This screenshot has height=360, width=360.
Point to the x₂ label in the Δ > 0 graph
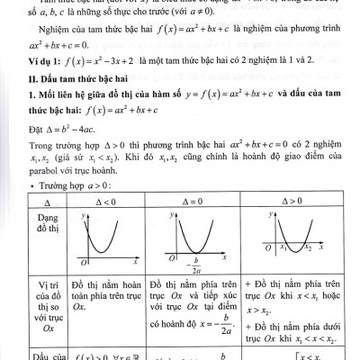point(309,247)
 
